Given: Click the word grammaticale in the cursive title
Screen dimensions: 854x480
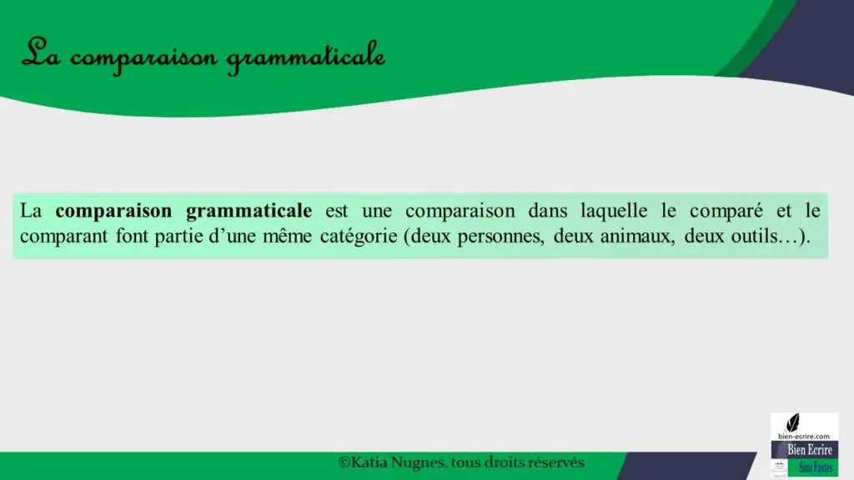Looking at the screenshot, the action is coord(305,57).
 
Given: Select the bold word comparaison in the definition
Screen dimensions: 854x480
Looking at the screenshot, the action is coord(113,212).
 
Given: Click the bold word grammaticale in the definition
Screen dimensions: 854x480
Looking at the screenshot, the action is coord(249,212).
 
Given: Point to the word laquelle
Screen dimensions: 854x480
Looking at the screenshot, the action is coord(614,212).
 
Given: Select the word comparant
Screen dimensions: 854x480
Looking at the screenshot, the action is coord(63,237).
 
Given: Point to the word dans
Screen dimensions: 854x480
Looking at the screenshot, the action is coord(547,211).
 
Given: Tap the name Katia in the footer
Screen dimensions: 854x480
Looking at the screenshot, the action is coord(369,462).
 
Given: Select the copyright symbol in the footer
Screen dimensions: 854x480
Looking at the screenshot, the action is coord(344,462).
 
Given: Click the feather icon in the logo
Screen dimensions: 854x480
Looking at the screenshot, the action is coord(793,422).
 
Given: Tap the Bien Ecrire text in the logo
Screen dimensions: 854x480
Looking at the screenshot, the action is coord(809,450).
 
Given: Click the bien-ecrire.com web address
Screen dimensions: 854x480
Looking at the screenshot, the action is coord(804,437).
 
